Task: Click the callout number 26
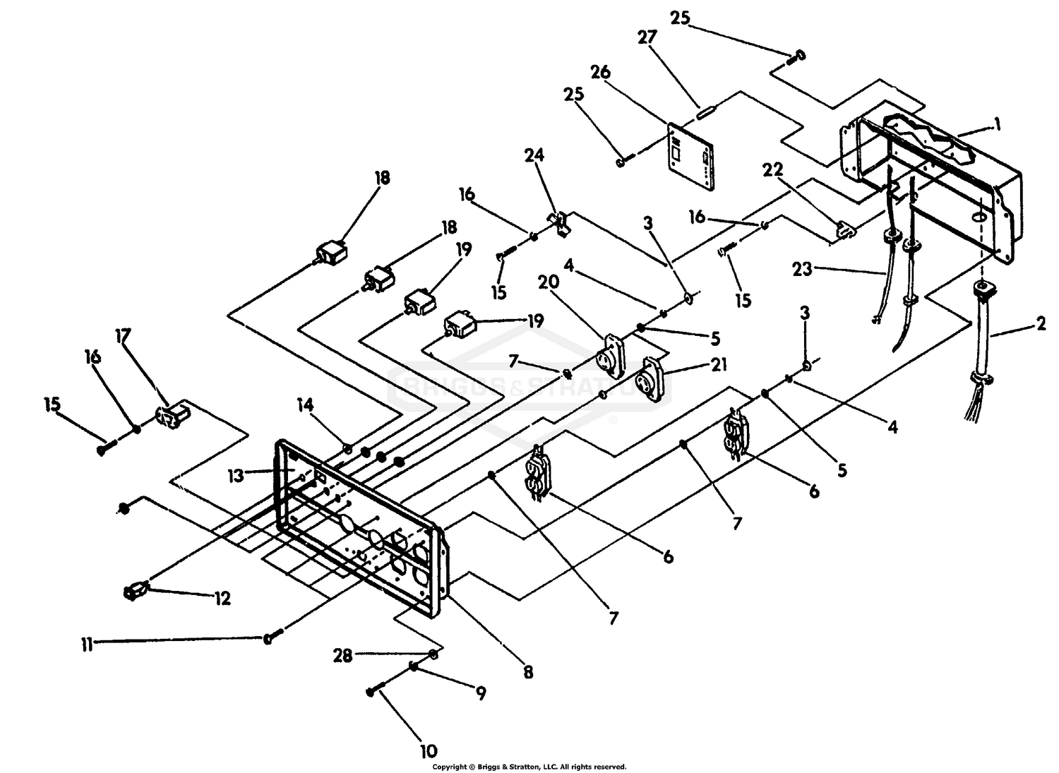[600, 72]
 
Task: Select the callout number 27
[647, 37]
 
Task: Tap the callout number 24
[534, 155]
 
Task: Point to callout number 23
[803, 270]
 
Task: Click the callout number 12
[222, 599]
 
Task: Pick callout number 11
[87, 645]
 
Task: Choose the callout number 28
[342, 656]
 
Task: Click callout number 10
[429, 751]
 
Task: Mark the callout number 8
[528, 672]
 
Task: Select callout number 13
[236, 475]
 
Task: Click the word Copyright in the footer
[450, 767]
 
